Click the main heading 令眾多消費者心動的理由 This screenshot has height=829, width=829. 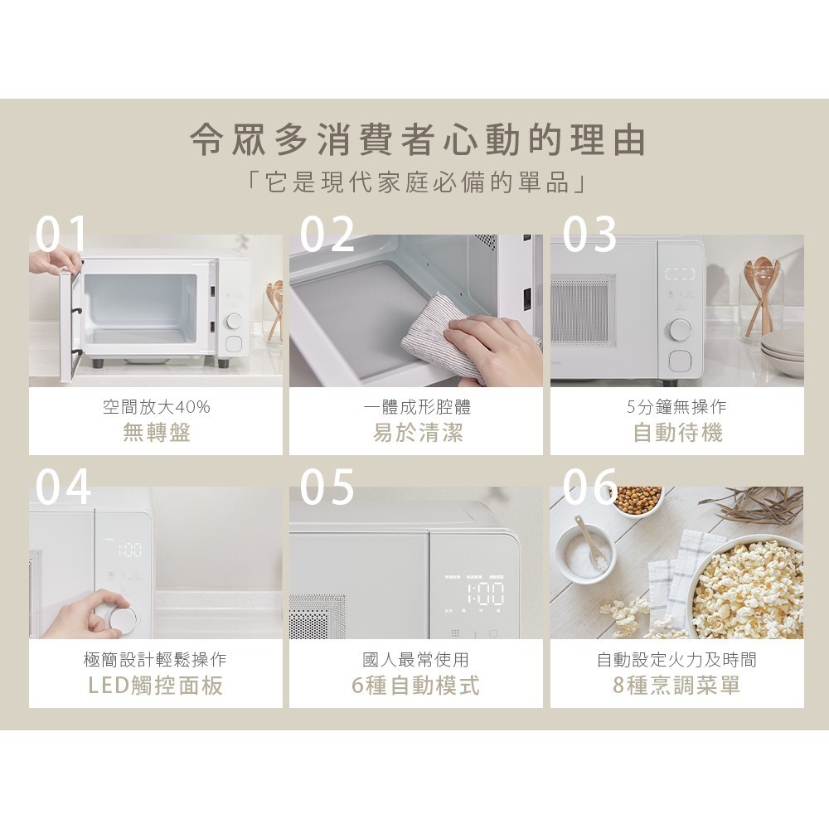417,141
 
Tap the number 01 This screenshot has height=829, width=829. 62,234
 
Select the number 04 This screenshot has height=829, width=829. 63,487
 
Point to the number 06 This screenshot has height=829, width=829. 589,487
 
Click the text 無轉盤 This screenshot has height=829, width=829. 156,433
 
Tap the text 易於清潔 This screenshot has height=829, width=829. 417,433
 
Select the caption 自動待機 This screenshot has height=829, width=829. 677,433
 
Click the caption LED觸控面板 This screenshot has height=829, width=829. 156,686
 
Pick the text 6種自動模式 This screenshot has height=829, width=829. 417,686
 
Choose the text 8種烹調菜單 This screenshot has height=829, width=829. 677,686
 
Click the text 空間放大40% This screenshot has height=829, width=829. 156,407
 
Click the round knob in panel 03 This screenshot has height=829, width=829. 678,329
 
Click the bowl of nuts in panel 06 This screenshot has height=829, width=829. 638,499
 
